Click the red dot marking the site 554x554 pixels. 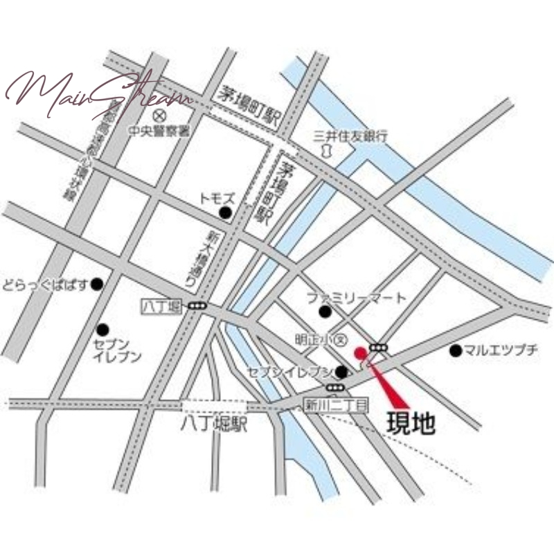pos(359,352)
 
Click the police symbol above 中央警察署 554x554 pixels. pos(159,114)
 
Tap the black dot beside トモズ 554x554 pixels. pos(224,213)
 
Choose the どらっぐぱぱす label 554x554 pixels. pos(46,284)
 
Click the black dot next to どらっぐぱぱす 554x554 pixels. pos(97,284)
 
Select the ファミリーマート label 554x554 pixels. pos(356,298)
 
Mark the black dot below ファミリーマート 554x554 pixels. pos(324,312)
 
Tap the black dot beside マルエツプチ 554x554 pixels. pos(455,350)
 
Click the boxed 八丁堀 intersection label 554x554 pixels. pos(161,305)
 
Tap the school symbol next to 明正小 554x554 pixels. pos(339,339)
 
